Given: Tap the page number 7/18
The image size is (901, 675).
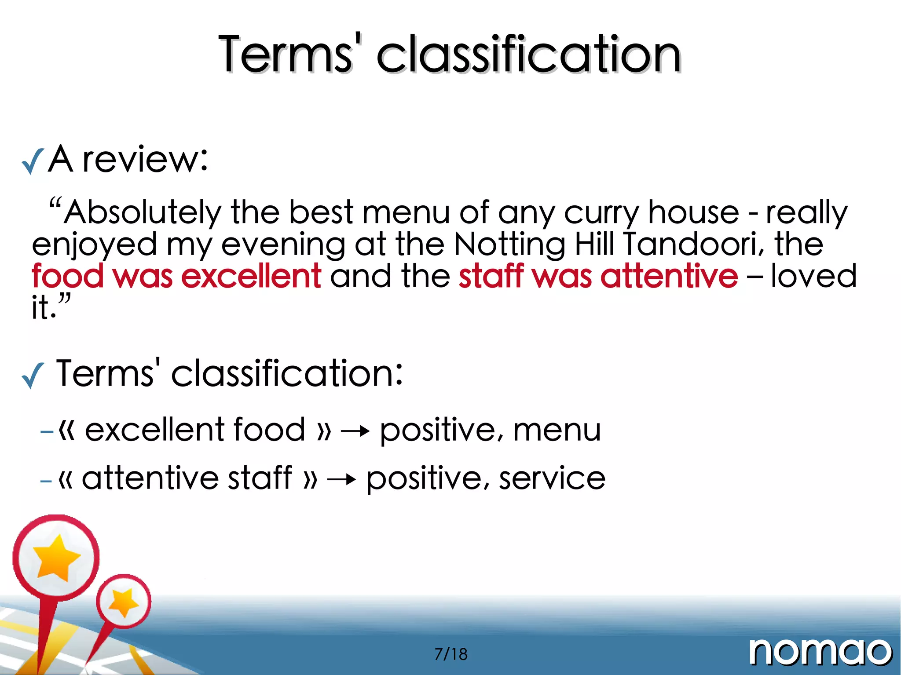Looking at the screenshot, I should (x=451, y=654).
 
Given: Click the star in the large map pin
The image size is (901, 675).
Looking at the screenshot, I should (x=56, y=558).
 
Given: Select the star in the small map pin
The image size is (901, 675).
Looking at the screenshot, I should (x=123, y=602).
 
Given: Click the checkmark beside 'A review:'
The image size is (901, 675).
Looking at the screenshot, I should (x=33, y=161).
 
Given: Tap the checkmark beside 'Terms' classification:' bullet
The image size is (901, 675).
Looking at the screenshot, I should (x=33, y=375).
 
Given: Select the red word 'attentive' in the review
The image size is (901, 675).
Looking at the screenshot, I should (x=669, y=276).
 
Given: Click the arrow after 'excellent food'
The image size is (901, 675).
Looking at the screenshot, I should (x=355, y=431).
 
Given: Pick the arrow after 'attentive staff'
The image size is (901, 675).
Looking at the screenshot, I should (x=341, y=479).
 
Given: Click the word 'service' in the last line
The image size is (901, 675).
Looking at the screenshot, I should (x=552, y=478).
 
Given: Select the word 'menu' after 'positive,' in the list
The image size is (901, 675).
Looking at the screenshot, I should (x=557, y=430).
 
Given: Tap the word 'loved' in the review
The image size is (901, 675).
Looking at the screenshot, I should (x=813, y=276).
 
